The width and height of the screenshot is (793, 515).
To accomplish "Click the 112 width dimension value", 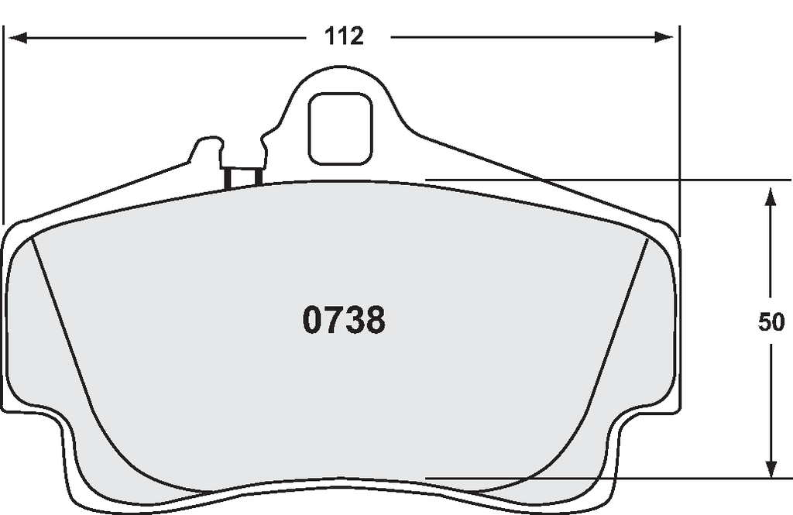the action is coord(344,36).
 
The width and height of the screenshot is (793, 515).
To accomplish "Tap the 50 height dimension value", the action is coord(771,321).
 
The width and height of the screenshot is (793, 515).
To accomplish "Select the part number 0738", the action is coord(344,320).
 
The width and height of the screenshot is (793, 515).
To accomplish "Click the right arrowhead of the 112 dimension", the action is coord(664,37).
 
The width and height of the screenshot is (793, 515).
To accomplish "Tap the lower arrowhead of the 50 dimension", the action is coord(771,468).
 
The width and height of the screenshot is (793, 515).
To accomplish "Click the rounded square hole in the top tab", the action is coord(341,129).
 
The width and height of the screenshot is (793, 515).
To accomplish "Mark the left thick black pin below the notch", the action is coord(228,179).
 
